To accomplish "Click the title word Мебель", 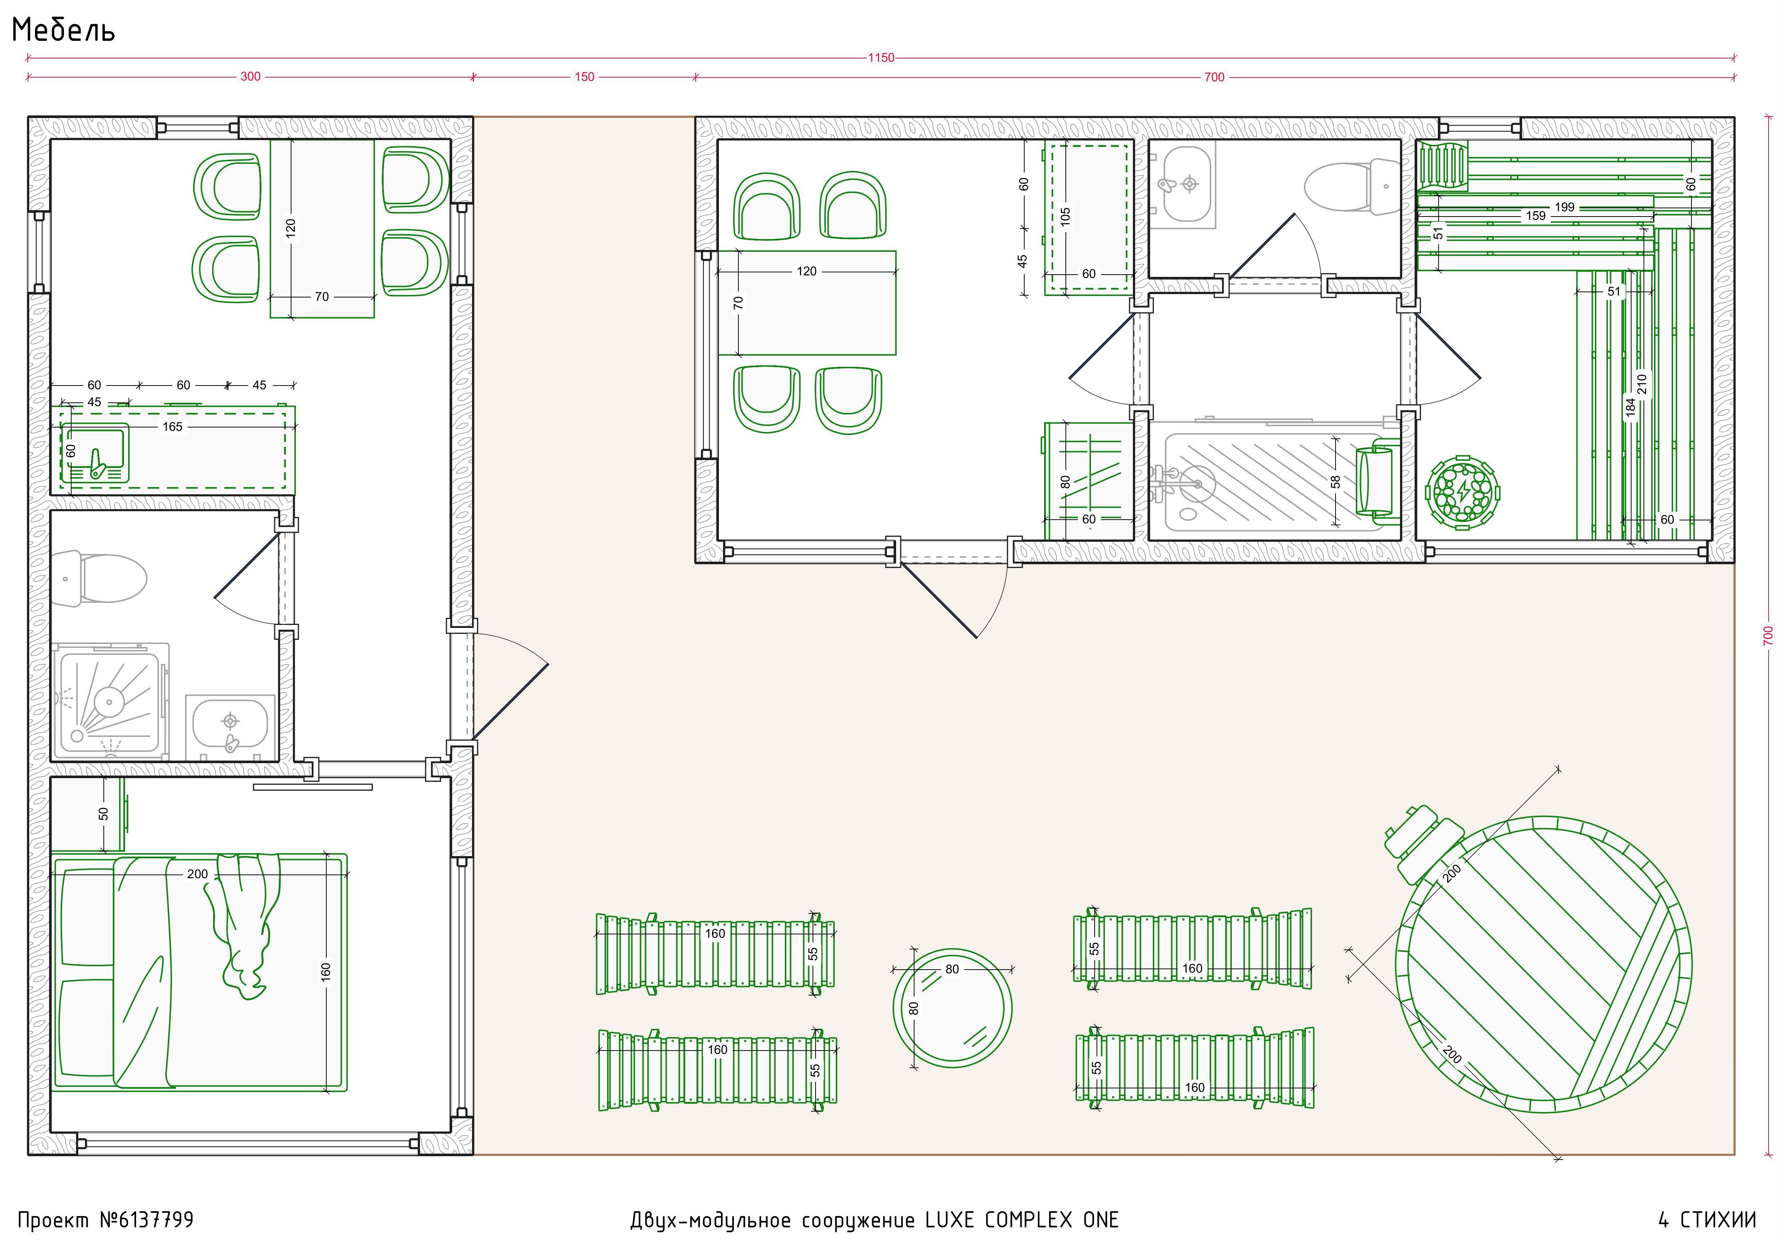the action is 64,30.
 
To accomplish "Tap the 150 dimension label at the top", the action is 585,77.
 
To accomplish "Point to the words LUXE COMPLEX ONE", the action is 1022,1220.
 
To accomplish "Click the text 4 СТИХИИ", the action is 1707,1220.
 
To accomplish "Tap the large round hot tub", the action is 1543,965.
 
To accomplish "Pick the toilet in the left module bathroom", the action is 99,578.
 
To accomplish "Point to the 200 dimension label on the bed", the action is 197,874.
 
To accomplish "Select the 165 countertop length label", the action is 173,427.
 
